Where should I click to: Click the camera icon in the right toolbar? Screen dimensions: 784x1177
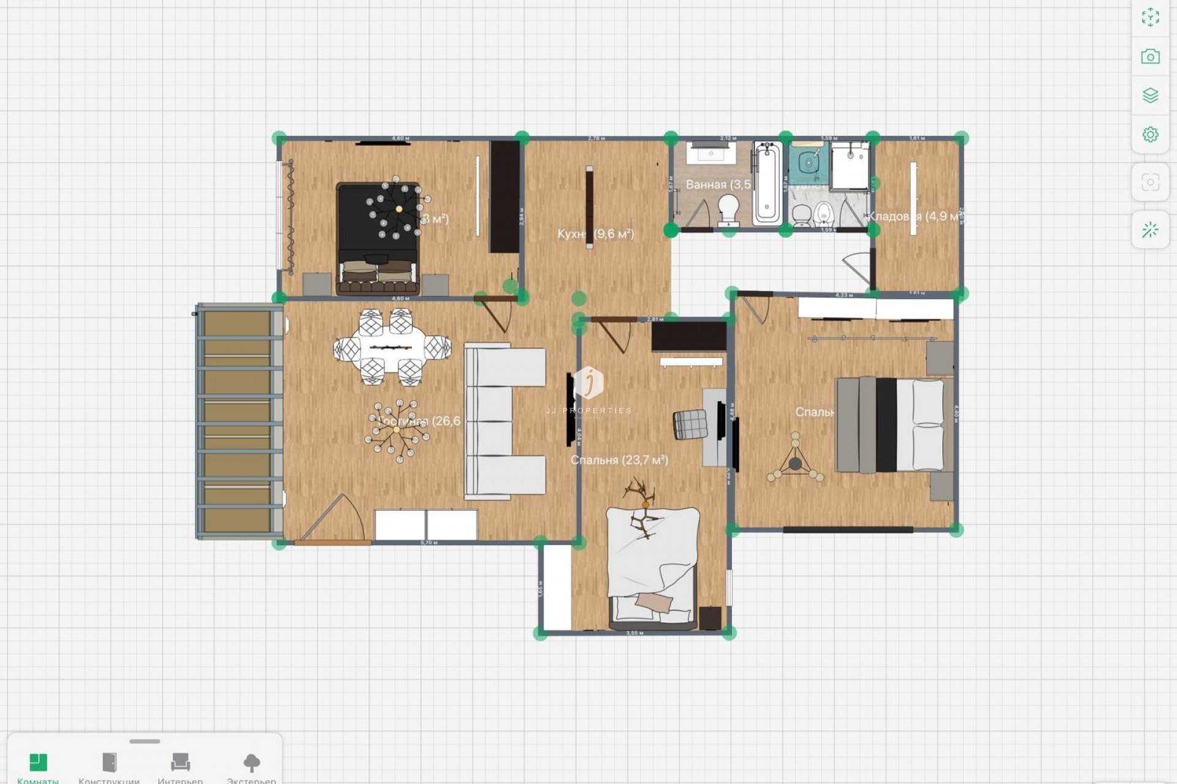point(1150,57)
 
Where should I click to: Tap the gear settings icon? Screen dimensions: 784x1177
point(1150,134)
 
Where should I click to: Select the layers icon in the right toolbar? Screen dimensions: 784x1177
point(1150,96)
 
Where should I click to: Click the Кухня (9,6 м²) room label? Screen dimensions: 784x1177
point(595,234)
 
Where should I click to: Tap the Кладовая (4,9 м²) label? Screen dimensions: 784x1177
point(913,216)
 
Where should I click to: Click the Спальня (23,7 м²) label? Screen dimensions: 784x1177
point(619,460)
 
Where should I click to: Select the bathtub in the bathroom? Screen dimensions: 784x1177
point(767,183)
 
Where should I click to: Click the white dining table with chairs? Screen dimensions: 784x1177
point(392,348)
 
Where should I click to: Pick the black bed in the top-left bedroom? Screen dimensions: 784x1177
point(378,239)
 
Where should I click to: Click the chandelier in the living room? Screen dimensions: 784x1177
point(397,430)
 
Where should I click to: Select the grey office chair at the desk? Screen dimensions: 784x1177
point(690,424)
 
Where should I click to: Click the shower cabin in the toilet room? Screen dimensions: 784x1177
point(850,164)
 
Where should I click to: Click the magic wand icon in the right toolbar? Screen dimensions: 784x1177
point(1150,230)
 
